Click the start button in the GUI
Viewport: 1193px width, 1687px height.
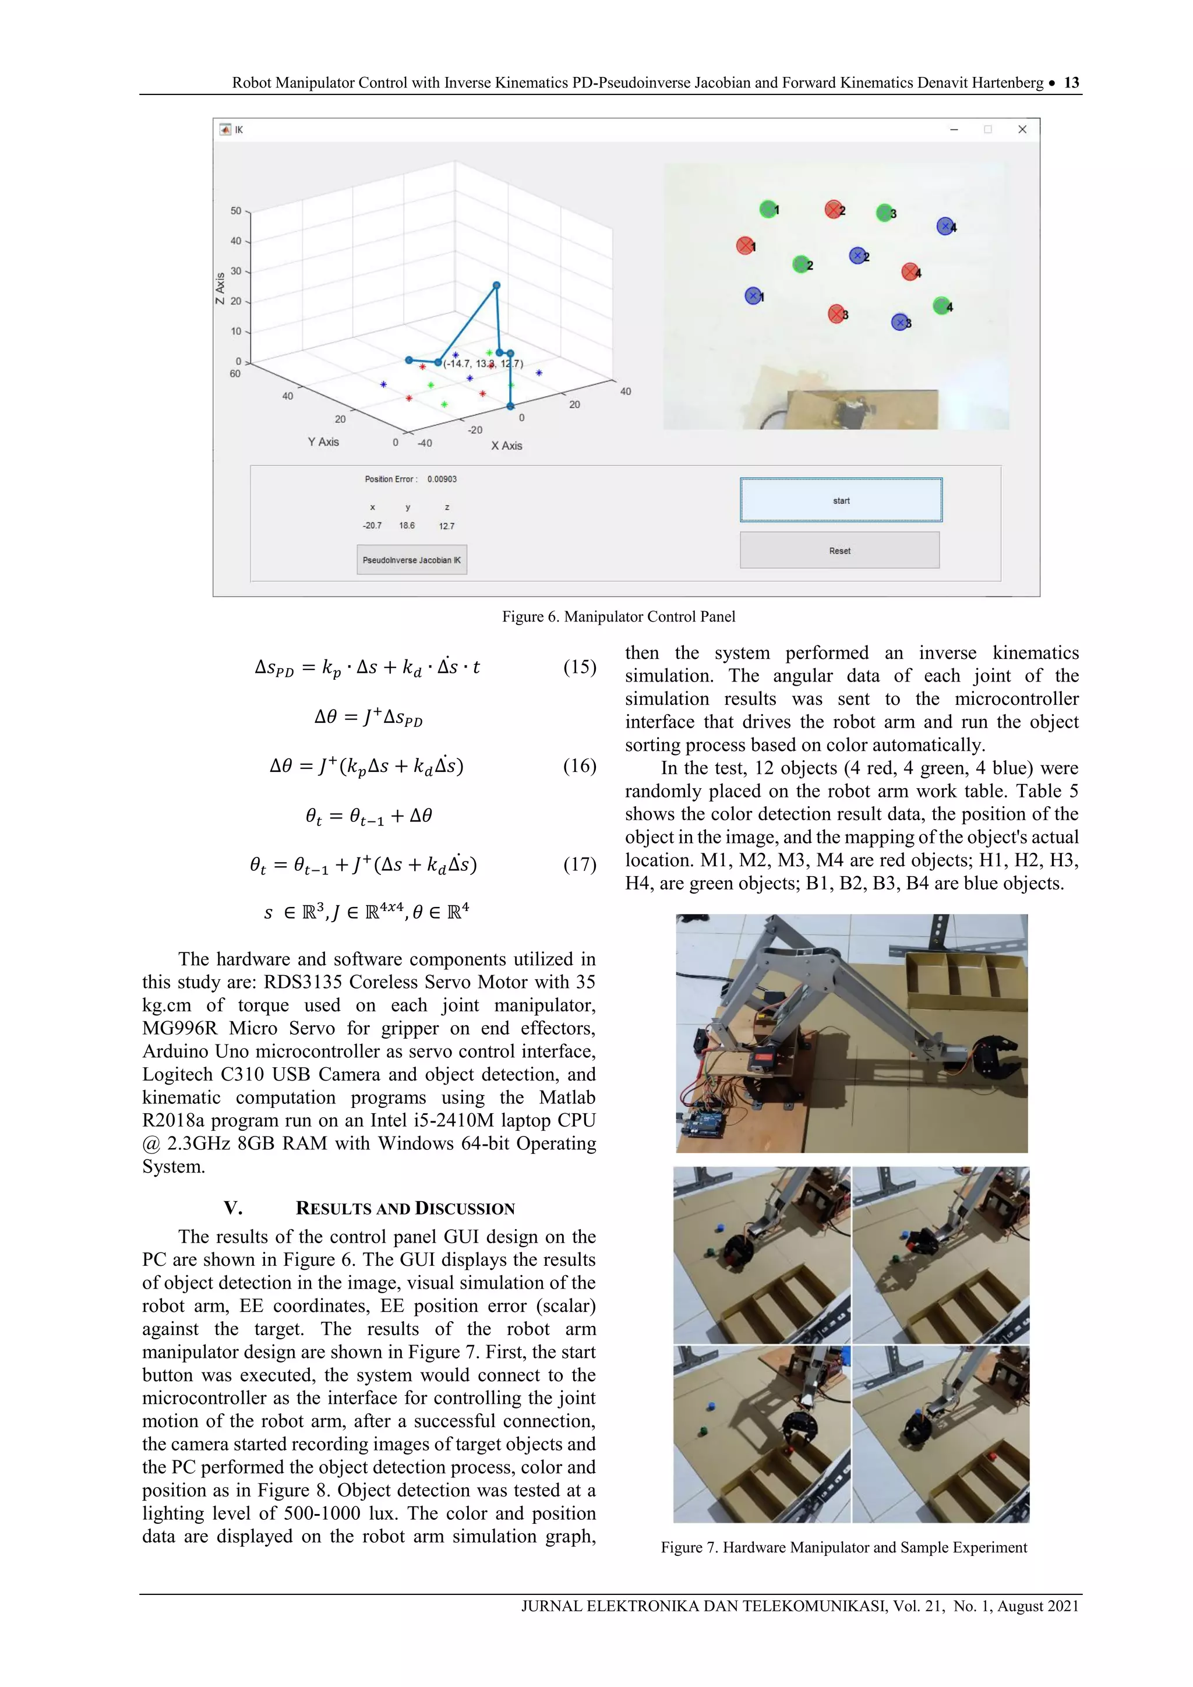pos(841,500)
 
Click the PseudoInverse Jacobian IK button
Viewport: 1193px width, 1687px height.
pos(411,560)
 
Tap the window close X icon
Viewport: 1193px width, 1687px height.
pos(1022,129)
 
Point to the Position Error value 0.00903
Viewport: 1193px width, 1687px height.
pos(442,479)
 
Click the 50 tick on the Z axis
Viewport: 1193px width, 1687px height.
pos(236,211)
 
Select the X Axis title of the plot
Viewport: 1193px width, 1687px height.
pos(506,445)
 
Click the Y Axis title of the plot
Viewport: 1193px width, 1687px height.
pos(323,442)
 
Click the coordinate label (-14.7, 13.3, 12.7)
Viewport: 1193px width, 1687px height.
pos(483,363)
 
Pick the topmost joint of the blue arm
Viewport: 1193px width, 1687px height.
pos(496,285)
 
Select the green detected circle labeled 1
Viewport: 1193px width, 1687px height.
pos(767,209)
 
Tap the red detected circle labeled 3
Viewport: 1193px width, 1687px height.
pos(836,314)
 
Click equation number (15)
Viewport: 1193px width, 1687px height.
pos(580,666)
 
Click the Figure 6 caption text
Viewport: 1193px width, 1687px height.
pos(619,616)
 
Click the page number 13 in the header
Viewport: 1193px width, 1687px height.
pos(1071,82)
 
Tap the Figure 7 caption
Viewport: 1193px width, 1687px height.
pos(843,1547)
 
